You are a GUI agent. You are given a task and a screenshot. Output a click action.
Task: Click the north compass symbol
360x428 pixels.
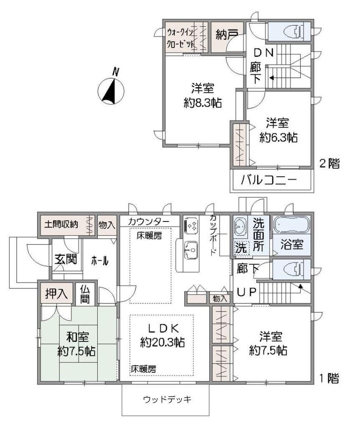(x=111, y=91)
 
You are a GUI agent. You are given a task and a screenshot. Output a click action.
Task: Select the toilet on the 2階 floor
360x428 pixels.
(x=294, y=32)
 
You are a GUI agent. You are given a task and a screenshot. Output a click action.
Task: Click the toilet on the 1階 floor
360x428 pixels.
(x=294, y=270)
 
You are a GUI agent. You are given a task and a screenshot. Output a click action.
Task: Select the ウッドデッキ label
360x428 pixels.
(x=167, y=400)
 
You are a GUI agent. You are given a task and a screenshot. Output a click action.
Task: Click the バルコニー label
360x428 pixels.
(x=269, y=181)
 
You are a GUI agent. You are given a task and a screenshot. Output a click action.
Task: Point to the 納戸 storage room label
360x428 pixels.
(x=227, y=34)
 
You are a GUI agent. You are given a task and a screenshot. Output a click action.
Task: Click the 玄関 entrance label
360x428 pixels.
(x=66, y=259)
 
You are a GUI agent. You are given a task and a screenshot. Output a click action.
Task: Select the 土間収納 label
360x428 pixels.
(x=61, y=224)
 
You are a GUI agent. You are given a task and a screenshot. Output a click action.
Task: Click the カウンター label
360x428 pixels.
(x=149, y=222)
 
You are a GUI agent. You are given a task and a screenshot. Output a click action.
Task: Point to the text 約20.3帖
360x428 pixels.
(x=162, y=342)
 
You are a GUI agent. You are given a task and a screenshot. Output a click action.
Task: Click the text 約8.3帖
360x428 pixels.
(x=203, y=103)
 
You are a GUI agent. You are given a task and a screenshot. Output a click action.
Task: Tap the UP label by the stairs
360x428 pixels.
(x=246, y=292)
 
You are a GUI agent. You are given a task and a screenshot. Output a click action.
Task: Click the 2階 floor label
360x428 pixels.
(x=330, y=164)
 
